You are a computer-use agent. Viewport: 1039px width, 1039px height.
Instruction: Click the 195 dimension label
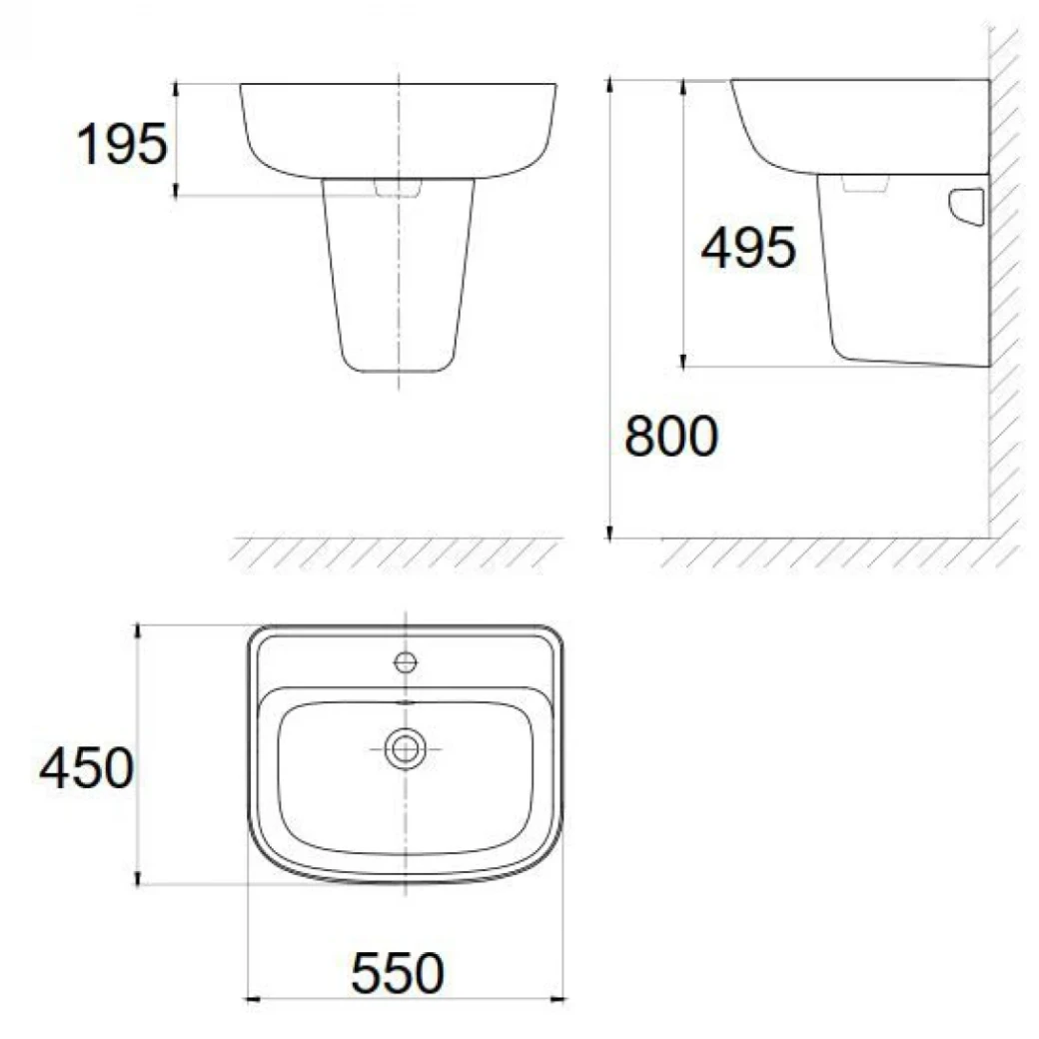pos(122,146)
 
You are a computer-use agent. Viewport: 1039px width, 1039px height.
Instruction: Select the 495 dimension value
pos(748,248)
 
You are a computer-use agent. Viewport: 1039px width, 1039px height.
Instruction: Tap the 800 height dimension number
pos(670,437)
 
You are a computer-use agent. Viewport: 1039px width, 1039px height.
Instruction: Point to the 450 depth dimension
pos(86,770)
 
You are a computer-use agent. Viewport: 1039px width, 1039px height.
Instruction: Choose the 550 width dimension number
pos(397,973)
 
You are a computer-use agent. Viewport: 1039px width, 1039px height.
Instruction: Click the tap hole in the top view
pos(406,661)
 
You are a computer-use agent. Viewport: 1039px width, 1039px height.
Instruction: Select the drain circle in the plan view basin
pos(406,748)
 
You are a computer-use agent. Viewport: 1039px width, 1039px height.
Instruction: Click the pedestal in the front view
pos(399,280)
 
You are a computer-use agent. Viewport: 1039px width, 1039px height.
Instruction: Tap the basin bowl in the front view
pos(399,130)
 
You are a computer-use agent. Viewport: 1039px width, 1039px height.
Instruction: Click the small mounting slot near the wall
pos(967,206)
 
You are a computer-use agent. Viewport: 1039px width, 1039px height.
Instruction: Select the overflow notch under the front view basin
pos(399,188)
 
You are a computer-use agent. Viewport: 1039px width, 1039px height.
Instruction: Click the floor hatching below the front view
pos(395,552)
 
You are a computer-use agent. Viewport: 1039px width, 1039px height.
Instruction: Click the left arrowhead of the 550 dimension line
pos(252,997)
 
